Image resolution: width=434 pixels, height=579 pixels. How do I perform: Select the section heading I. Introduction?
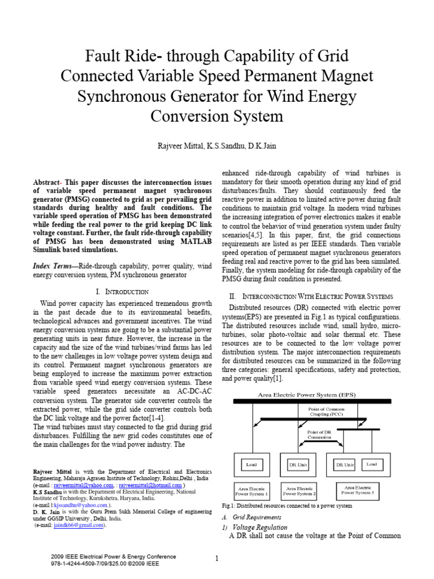click(122, 291)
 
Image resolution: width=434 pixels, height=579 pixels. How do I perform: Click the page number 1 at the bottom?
click(216, 559)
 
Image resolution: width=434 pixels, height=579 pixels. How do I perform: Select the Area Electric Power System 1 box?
click(251, 490)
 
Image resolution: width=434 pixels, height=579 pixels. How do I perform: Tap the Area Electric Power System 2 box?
click(301, 490)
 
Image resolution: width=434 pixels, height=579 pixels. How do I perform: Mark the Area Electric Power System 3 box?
click(357, 489)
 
